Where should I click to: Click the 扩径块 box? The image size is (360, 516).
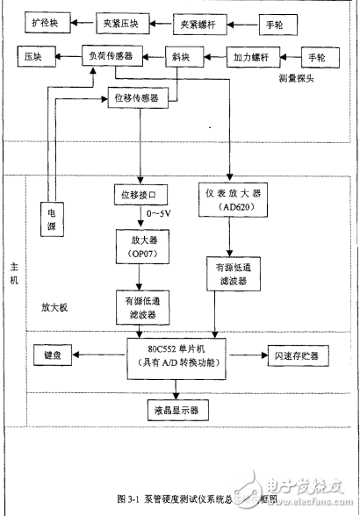tap(43, 19)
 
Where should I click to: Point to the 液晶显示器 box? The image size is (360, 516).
tap(175, 409)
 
